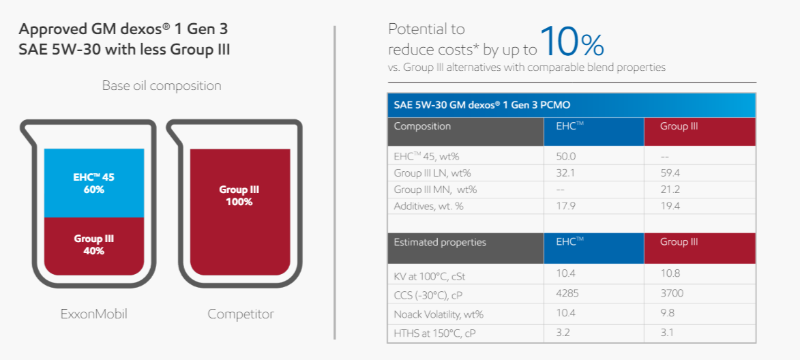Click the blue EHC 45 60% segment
pyautogui.click(x=94, y=183)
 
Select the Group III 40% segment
pyautogui.click(x=94, y=246)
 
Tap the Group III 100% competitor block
pyautogui.click(x=240, y=212)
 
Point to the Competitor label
pyautogui.click(x=240, y=314)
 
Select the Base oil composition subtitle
pyautogui.click(x=162, y=86)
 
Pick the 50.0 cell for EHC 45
pyautogui.click(x=566, y=157)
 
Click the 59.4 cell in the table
pyautogui.click(x=669, y=173)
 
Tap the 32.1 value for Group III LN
pyautogui.click(x=565, y=173)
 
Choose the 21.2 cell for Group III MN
pyautogui.click(x=669, y=190)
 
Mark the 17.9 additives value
pyautogui.click(x=565, y=207)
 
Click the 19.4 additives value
pyautogui.click(x=669, y=207)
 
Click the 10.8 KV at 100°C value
pyautogui.click(x=669, y=275)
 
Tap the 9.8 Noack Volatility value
pyautogui.click(x=667, y=314)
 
